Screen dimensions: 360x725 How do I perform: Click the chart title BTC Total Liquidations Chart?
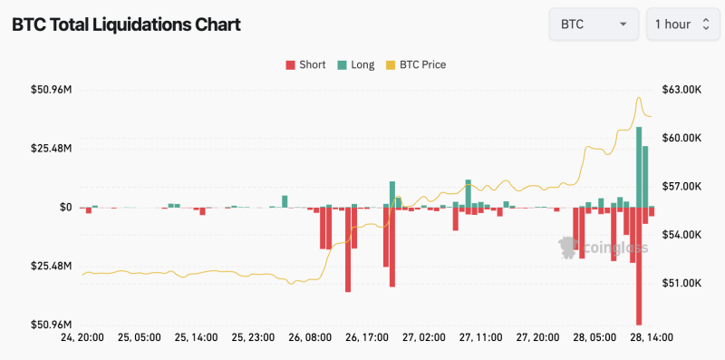[x=126, y=24]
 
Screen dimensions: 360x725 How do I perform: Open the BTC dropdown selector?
[x=594, y=24]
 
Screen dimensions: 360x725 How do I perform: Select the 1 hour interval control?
[x=681, y=24]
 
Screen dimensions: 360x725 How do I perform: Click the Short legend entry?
[x=305, y=64]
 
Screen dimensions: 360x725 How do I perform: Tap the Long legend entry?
[x=355, y=64]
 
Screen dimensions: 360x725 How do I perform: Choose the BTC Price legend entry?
[x=416, y=64]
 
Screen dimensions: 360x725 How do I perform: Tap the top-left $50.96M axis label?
[x=51, y=90]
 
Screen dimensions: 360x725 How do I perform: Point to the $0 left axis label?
[x=65, y=207]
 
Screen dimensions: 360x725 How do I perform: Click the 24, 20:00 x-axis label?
[x=82, y=337]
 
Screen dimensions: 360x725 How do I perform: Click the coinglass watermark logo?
[x=603, y=245]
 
